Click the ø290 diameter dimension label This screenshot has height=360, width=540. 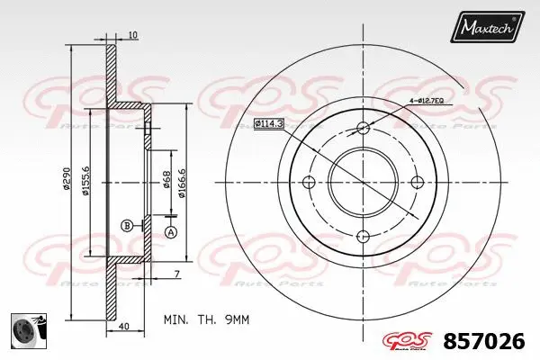coord(66,179)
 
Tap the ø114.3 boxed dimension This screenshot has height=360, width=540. coord(268,122)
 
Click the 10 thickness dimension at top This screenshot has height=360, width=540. coord(132,35)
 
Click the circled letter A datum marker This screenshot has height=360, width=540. coord(170,233)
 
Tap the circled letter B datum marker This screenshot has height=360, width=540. coord(127,224)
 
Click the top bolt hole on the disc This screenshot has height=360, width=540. coord(363,127)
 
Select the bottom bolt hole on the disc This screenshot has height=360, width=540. coord(363,237)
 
